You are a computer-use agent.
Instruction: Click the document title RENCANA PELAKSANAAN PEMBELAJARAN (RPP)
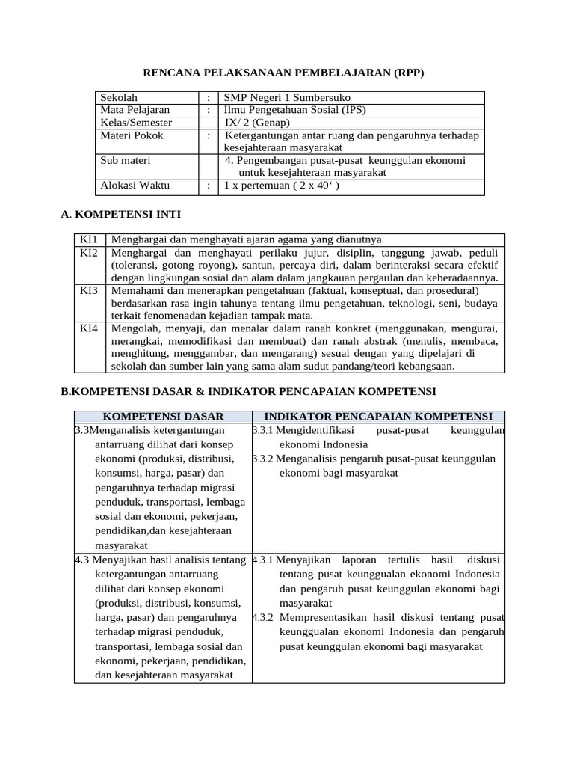(288, 73)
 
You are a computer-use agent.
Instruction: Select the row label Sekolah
(120, 97)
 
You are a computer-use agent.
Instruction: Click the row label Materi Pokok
(132, 135)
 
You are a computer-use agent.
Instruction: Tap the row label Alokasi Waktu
(135, 186)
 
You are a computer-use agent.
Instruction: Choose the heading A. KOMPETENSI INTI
(120, 215)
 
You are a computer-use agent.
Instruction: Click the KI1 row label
(89, 239)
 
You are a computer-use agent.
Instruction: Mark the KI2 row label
(89, 253)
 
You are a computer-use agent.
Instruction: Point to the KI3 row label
(89, 290)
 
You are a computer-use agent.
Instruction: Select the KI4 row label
(89, 328)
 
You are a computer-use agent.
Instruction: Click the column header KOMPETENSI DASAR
(163, 417)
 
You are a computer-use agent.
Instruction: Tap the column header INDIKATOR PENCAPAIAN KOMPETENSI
(378, 417)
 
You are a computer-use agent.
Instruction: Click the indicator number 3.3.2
(263, 459)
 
